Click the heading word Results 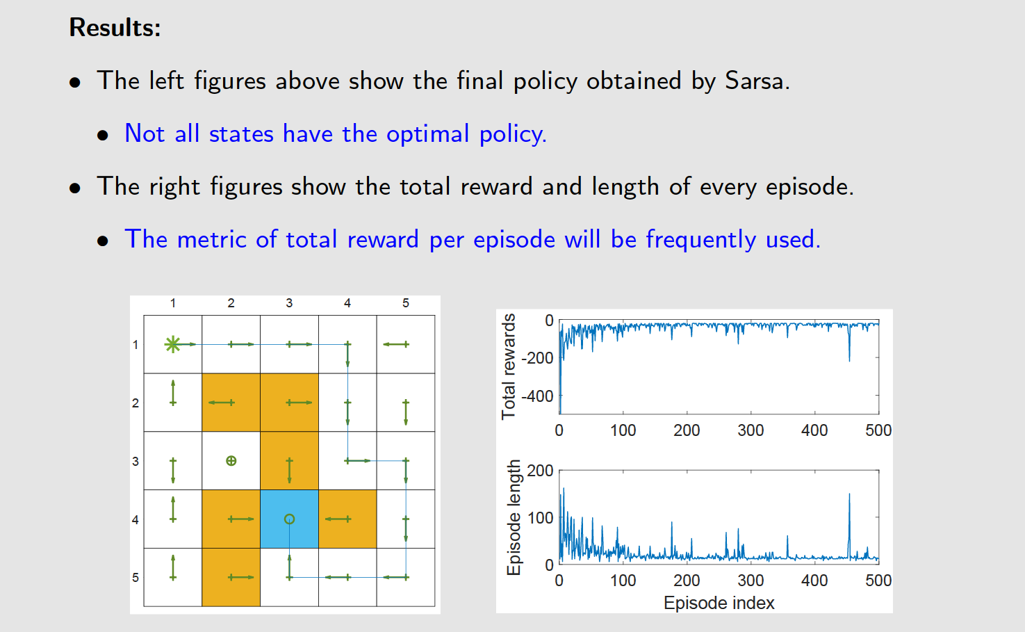(x=115, y=28)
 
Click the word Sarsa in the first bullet (x=755, y=81)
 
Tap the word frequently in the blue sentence (x=700, y=239)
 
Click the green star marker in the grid (x=172, y=344)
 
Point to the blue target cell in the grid (x=289, y=519)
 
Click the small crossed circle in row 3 (x=231, y=460)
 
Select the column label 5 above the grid (x=406, y=303)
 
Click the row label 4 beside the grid (x=136, y=519)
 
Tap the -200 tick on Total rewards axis (x=538, y=358)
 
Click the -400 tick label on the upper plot (x=538, y=396)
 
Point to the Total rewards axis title (x=509, y=366)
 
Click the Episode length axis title (x=514, y=517)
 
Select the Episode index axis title (x=719, y=603)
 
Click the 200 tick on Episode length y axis (x=540, y=471)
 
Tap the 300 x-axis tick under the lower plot (x=751, y=581)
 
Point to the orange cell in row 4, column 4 (x=347, y=519)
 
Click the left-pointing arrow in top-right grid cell (x=396, y=344)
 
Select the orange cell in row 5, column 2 (x=231, y=577)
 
